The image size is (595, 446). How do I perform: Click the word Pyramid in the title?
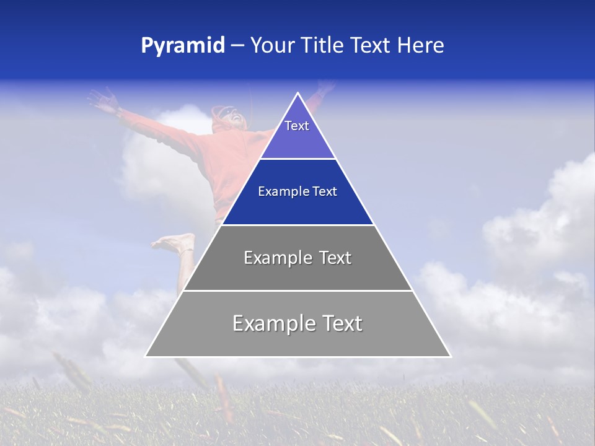pos(182,46)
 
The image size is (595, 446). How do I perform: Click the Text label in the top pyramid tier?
pos(297,126)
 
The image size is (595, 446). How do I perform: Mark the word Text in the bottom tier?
pos(340,323)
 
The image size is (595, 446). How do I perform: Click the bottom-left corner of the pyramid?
pos(146,356)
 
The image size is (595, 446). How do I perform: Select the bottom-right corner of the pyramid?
pos(450,356)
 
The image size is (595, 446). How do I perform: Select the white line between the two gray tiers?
pos(297,291)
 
